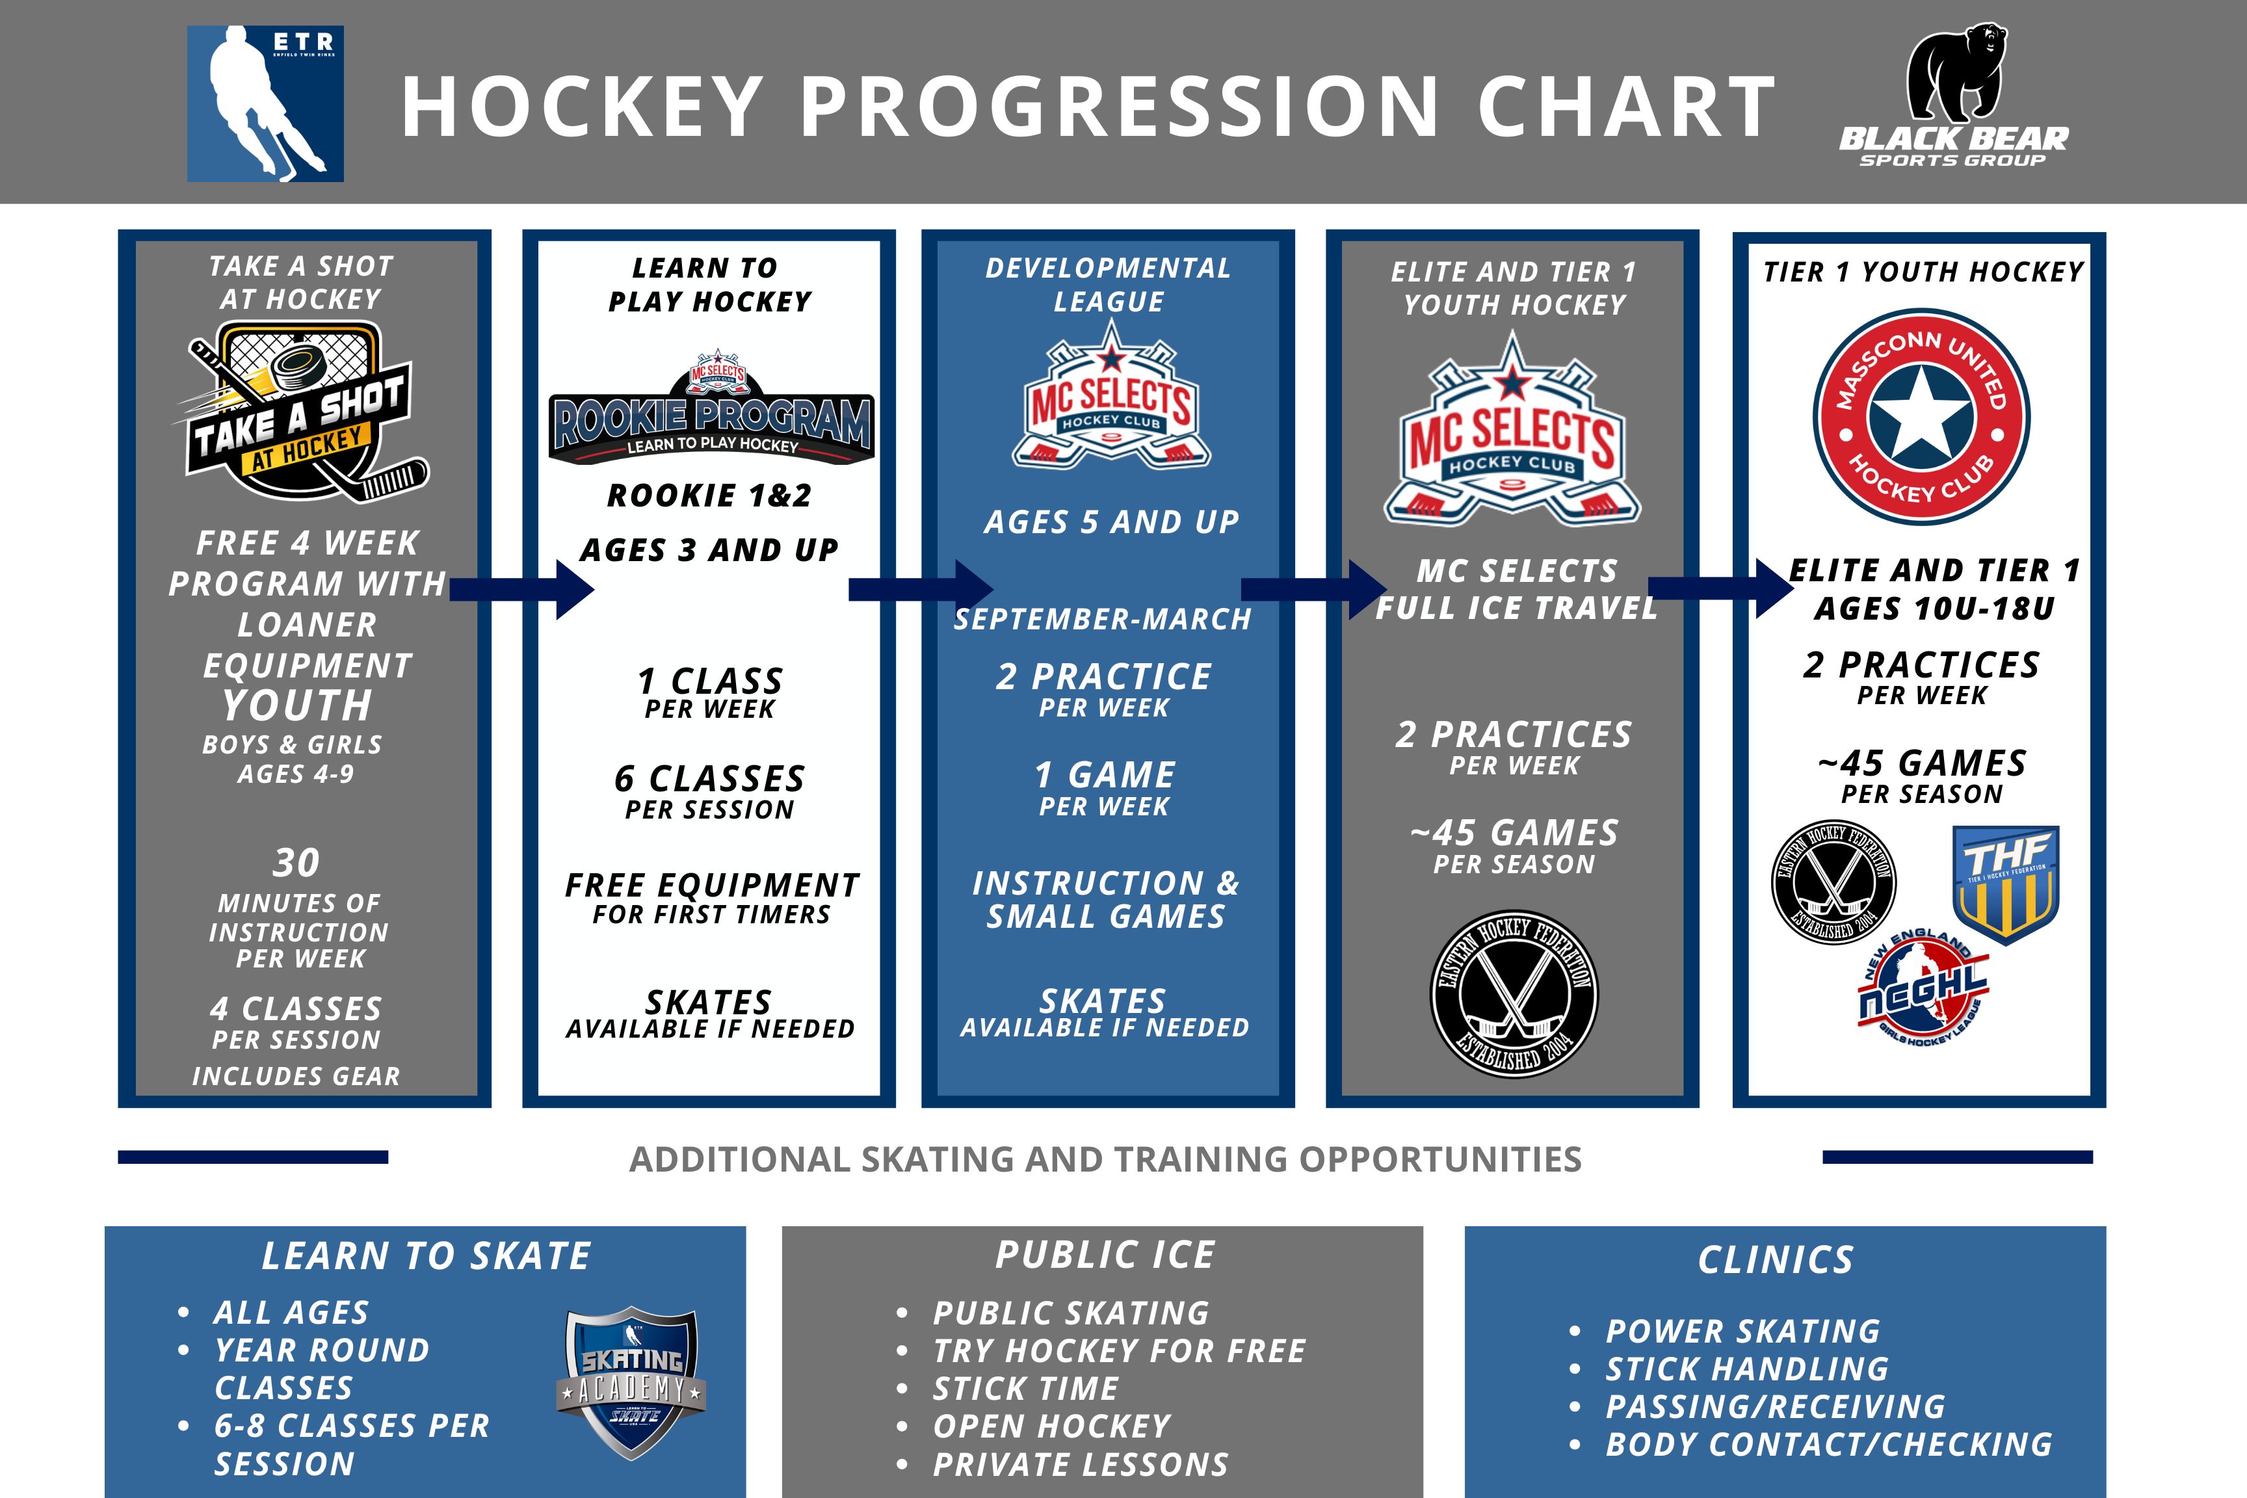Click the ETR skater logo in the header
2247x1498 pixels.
point(265,103)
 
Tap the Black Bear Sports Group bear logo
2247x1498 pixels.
point(1954,96)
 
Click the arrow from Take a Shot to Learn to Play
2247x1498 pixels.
point(521,590)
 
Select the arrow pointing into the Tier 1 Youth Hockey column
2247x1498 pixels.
point(1720,590)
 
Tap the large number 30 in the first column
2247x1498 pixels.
point(296,863)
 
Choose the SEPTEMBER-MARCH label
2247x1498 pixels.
point(1103,619)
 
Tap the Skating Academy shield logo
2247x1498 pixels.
point(631,1382)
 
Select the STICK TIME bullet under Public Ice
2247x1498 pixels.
point(1025,1388)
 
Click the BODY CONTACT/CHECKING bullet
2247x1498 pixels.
point(1828,1445)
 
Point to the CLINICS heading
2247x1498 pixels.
point(1776,1260)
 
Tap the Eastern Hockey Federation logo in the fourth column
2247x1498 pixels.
point(1514,993)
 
